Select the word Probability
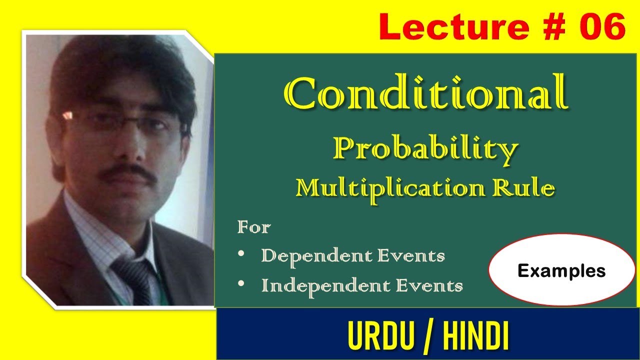coord(425,148)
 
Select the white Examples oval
coord(561,270)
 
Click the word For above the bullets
coord(254,228)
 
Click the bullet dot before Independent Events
coord(242,283)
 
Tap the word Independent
coord(323,285)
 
